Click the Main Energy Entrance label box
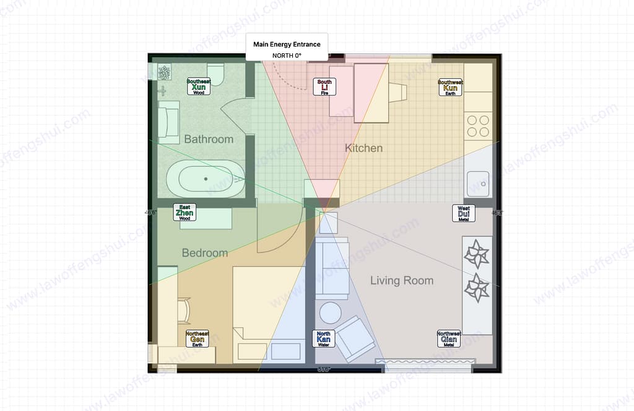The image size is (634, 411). [287, 48]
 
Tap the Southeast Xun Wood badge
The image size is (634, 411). [199, 87]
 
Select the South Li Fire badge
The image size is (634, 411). [324, 87]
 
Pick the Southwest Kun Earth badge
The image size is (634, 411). [450, 87]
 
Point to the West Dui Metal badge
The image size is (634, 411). [464, 213]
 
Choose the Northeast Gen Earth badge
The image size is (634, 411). [198, 338]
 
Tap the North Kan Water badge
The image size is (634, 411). [323, 338]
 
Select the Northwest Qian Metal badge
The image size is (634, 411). [449, 338]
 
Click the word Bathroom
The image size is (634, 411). [209, 139]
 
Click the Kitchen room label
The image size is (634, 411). [363, 148]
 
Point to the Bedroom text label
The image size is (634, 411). [204, 253]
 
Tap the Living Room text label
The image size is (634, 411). [401, 281]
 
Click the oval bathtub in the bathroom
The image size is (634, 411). [206, 179]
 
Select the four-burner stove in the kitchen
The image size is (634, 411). [477, 126]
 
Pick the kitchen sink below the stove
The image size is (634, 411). [478, 183]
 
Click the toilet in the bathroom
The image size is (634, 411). [215, 73]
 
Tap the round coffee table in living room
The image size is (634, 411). [329, 312]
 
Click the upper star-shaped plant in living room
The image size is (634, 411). [477, 254]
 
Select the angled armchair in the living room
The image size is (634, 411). [355, 338]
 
